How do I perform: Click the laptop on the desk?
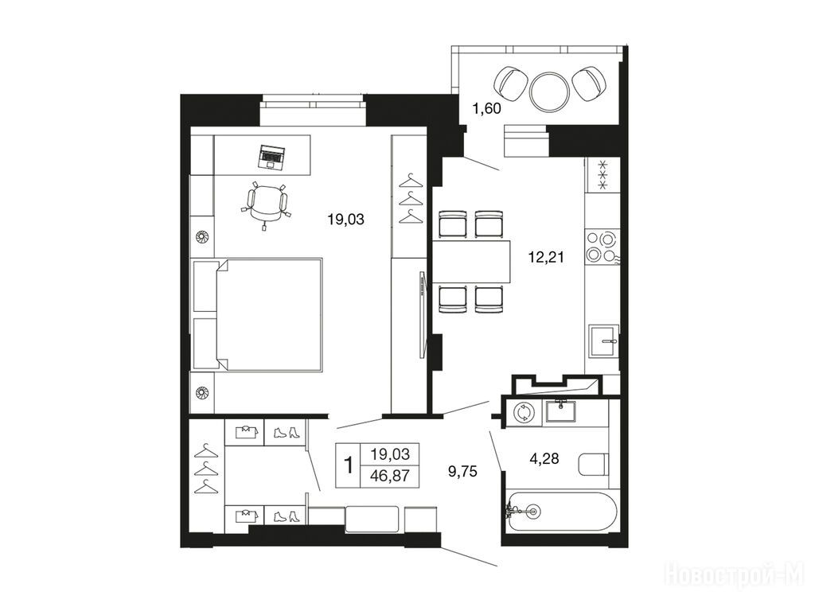(x=271, y=157)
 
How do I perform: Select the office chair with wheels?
(x=266, y=204)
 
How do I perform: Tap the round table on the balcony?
(x=550, y=91)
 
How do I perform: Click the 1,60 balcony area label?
(x=486, y=108)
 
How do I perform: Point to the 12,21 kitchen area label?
(x=546, y=257)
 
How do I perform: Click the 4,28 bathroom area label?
(x=544, y=458)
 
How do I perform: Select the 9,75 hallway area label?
(x=462, y=471)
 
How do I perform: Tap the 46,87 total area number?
(x=390, y=476)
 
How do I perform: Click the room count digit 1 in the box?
(x=349, y=465)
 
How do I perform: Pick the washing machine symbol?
(x=522, y=413)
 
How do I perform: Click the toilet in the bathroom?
(x=593, y=464)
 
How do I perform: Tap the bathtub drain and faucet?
(x=523, y=511)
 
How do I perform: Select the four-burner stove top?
(x=602, y=247)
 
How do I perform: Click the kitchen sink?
(x=603, y=341)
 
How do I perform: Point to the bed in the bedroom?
(x=257, y=314)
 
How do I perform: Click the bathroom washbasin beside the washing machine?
(x=561, y=412)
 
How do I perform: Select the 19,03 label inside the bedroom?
(x=345, y=220)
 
